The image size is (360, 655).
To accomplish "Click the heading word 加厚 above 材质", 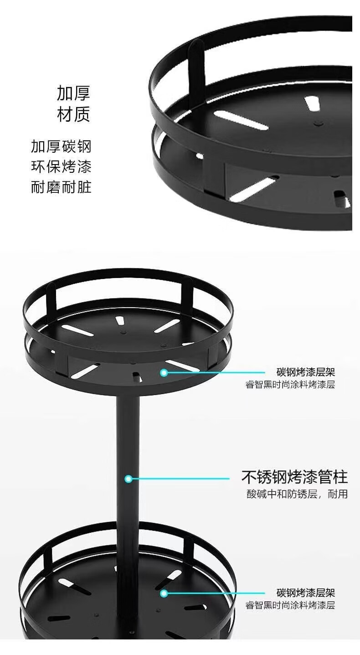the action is click(73, 93).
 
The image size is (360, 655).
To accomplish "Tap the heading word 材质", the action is click(73, 114).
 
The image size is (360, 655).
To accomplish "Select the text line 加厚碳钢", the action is click(61, 146).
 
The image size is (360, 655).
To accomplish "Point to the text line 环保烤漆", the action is click(61, 167).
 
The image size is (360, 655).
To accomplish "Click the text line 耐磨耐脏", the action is click(61, 187).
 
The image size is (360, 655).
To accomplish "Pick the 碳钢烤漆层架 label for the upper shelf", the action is click(306, 372).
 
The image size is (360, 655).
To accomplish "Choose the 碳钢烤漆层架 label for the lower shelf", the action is click(306, 593).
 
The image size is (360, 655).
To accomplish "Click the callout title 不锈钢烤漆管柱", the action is click(294, 477).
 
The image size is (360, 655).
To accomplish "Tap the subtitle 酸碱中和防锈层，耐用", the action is click(297, 494).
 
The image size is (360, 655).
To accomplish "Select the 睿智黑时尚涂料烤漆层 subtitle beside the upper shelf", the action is click(290, 385).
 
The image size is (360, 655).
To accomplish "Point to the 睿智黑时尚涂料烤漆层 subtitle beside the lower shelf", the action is click(290, 605).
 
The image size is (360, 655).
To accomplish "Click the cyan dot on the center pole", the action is click(129, 479).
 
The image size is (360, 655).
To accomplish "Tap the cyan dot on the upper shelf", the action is click(164, 373).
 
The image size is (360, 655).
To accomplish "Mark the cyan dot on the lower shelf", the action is click(164, 593).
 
